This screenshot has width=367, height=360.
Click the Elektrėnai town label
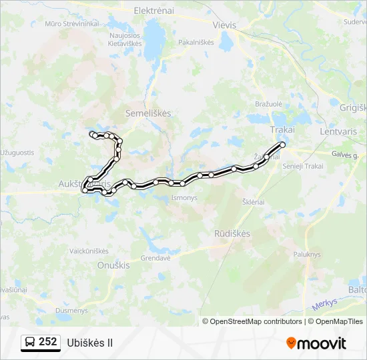pos(153,11)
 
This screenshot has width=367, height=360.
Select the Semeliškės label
pos(148,113)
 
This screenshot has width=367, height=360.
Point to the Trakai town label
pos(282,130)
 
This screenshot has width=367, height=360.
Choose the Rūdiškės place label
pos(232,233)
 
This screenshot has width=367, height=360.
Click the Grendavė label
pos(155,257)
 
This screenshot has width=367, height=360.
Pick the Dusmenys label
pos(71,310)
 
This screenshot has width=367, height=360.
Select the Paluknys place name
pos(307,254)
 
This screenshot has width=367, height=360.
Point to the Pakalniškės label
pos(196,42)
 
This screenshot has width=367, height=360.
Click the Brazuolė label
pos(269,104)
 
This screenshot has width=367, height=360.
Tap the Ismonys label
pos(184,198)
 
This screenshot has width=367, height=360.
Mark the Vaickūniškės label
pos(89,251)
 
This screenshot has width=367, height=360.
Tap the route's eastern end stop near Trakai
pos(282,145)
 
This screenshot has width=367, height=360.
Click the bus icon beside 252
pos(31,343)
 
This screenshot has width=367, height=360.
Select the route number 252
pos(47,342)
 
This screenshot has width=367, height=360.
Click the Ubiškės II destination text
pos(89,343)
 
